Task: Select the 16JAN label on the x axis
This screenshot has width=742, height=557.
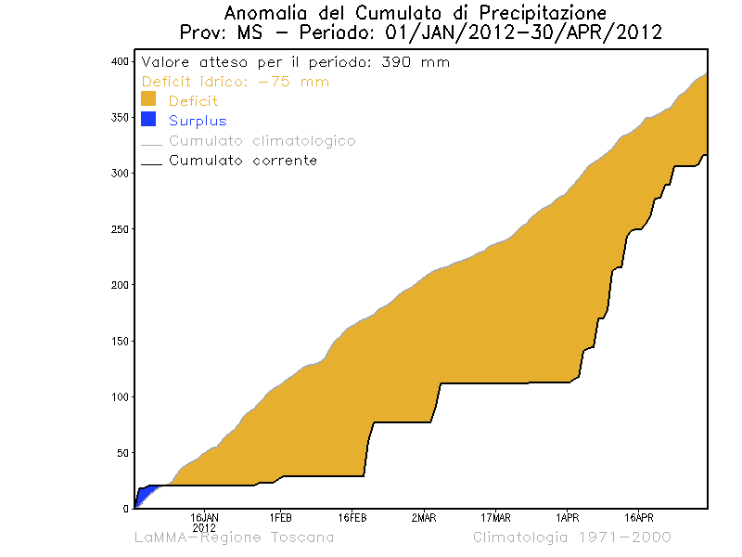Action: pyautogui.click(x=204, y=517)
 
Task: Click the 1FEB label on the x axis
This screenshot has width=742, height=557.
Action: pyautogui.click(x=280, y=517)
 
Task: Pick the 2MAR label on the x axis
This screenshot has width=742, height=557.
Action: pyautogui.click(x=424, y=517)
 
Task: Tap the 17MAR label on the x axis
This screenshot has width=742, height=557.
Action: pyautogui.click(x=496, y=517)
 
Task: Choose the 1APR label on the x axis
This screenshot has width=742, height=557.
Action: pyautogui.click(x=568, y=517)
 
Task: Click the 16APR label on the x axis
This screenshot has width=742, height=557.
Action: pyautogui.click(x=639, y=517)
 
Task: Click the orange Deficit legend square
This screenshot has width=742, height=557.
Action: pyautogui.click(x=148, y=99)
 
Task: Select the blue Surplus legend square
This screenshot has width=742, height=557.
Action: pyautogui.click(x=148, y=119)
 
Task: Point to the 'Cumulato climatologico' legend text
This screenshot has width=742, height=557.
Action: pyautogui.click(x=262, y=141)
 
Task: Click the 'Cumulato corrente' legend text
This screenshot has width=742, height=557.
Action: pyautogui.click(x=243, y=161)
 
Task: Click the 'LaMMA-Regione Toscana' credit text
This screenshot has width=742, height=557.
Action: pyautogui.click(x=234, y=538)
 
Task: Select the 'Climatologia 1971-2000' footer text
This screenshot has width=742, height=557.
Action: pyautogui.click(x=571, y=538)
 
